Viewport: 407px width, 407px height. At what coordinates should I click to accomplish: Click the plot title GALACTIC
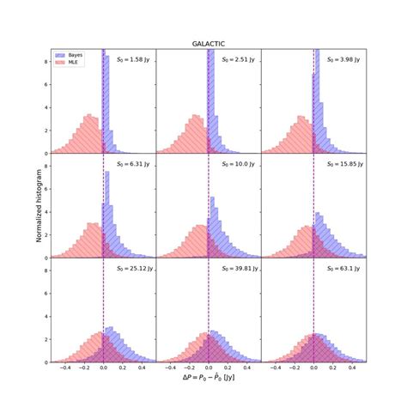point(209,42)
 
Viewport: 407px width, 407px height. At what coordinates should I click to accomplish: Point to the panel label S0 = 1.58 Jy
point(133,59)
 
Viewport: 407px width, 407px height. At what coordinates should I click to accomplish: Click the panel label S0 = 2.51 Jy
point(238,59)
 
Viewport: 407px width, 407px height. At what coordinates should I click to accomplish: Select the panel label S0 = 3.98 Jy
point(343,59)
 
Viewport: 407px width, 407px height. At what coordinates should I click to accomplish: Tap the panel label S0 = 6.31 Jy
point(133,163)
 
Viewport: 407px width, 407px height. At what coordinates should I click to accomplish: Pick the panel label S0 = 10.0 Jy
point(238,163)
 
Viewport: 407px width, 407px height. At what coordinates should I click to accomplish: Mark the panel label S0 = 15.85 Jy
point(342,163)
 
